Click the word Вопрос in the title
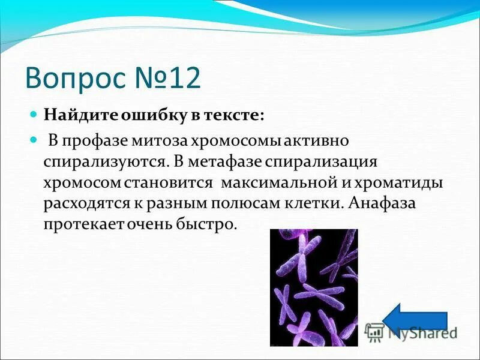(77, 79)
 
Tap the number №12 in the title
(170, 79)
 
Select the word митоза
(160, 141)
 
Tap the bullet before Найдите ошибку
(34, 114)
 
